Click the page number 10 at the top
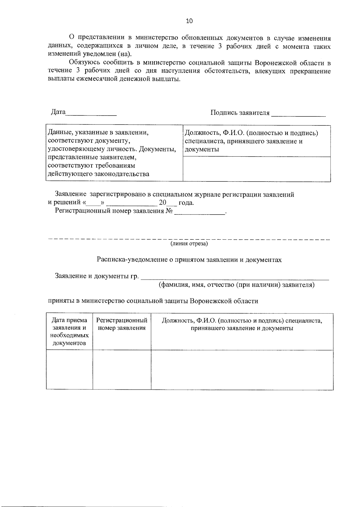point(189,21)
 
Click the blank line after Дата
point(91,115)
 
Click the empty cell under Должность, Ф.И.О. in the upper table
point(256,169)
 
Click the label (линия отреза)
point(189,243)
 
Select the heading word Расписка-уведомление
point(132,260)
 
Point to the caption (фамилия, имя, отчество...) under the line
point(236,285)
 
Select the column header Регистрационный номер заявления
point(122,324)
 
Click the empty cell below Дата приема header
point(69,370)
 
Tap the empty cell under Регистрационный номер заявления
point(122,370)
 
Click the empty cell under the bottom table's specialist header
point(242,370)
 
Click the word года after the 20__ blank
point(186,203)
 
